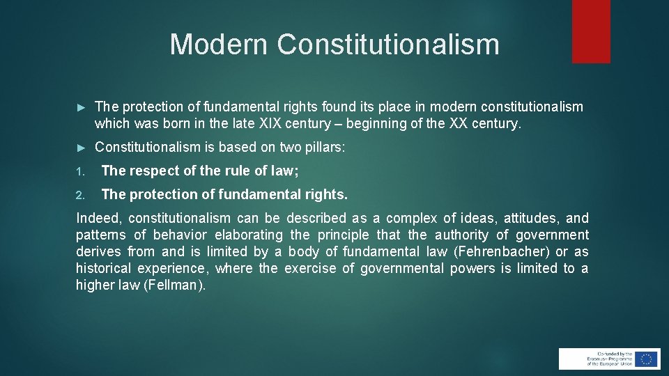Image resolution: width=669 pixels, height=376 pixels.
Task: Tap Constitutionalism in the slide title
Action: coord(388,44)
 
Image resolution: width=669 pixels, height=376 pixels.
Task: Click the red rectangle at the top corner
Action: coord(591,31)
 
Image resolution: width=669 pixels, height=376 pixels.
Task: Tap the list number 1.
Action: coord(80,171)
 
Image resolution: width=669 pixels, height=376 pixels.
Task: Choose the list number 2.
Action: coord(80,195)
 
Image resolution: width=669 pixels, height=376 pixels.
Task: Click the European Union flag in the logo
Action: coord(646,359)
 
